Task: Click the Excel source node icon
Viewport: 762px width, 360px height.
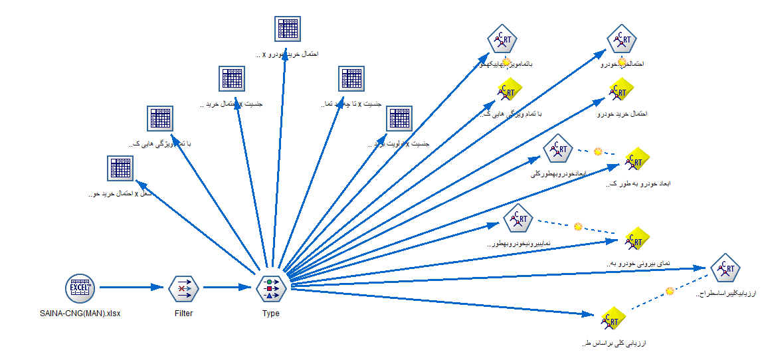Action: point(80,288)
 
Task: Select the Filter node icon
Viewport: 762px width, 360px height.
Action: point(183,288)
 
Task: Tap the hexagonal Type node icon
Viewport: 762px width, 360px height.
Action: point(270,288)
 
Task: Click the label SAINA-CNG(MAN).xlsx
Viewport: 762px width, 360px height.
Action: point(80,314)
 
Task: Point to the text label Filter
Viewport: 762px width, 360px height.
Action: point(183,314)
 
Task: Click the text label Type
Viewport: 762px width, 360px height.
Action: point(270,314)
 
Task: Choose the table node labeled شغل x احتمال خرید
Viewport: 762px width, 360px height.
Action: point(122,168)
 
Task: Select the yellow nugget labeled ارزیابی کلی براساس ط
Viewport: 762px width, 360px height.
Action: point(614,319)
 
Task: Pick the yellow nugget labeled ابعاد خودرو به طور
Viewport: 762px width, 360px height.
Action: point(636,159)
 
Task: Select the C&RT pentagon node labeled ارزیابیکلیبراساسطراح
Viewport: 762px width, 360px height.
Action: point(724,269)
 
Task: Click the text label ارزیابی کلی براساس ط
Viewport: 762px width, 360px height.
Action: point(613,343)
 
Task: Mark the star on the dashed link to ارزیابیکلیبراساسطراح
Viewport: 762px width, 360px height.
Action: point(670,290)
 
